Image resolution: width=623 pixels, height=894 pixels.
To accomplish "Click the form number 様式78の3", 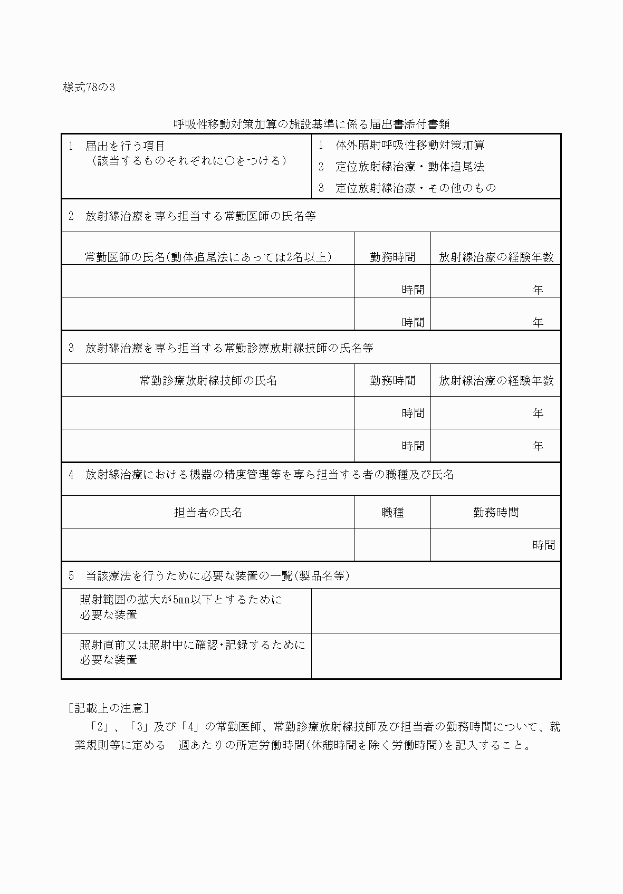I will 89,88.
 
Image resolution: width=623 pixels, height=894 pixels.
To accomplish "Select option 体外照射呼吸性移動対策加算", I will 410,145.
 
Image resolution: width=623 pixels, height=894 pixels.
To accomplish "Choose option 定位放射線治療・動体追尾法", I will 410,167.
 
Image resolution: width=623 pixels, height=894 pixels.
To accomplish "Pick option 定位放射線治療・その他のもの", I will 416,188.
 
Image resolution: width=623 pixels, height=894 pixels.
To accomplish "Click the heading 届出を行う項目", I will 125,146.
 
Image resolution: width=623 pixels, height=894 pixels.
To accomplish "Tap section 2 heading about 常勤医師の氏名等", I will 200,216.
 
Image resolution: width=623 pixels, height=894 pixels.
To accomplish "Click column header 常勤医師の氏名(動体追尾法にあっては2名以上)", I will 208,257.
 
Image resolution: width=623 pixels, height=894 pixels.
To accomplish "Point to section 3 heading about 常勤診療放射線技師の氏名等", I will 229,348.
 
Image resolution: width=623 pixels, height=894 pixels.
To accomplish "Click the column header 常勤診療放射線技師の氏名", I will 208,381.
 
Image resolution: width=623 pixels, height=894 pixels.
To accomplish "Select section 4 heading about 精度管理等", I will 269,475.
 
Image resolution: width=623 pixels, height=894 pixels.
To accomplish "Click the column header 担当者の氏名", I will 208,513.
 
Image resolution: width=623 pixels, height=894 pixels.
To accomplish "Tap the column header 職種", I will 392,513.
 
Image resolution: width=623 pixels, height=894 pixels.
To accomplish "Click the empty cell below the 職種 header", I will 392,544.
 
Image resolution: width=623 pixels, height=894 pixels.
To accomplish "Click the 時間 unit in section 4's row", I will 543,545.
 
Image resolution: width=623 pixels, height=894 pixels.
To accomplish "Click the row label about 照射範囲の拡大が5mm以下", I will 180,607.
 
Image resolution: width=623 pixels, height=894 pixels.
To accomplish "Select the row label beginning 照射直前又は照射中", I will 192,652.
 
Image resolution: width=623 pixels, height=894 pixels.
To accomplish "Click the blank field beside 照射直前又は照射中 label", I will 436,656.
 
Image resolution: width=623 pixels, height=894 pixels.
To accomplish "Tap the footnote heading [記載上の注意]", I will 108,708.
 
